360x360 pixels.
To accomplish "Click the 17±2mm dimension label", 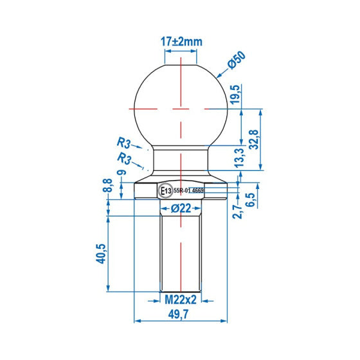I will coord(181,41).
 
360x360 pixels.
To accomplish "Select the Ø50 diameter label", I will coord(237,62).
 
